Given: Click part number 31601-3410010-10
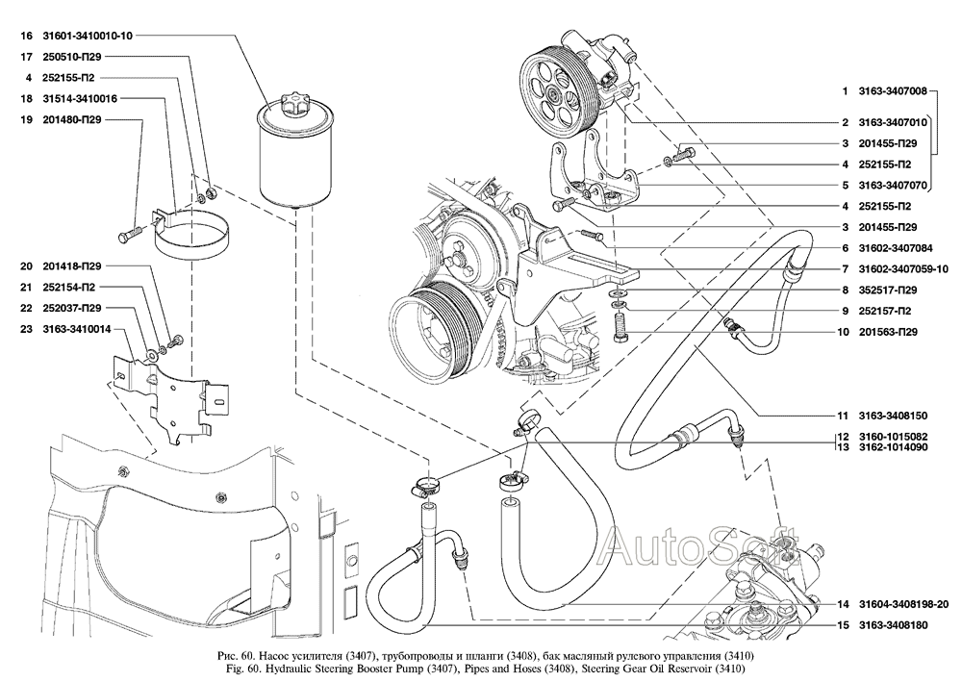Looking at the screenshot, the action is pos(88,36).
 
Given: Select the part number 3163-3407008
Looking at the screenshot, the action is pos(893,90).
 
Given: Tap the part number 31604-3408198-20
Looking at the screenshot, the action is pos(903,604).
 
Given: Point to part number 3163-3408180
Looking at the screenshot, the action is pos(893,625).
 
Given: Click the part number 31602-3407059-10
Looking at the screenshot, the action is pos(903,268).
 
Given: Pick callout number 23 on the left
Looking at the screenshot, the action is pos(26,329).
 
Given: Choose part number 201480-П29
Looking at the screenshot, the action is pos(72,119).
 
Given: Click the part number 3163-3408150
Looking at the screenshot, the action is pos(893,416).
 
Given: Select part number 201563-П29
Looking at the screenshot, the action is pos(888,332).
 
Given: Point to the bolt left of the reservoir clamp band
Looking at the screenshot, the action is pos(130,234).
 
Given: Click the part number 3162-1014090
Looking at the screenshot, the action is pos(893,447).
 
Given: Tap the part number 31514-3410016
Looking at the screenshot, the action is pos(80,99).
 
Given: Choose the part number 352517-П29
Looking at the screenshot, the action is pos(888,290).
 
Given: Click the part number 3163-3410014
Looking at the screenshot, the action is pos(77,329).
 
